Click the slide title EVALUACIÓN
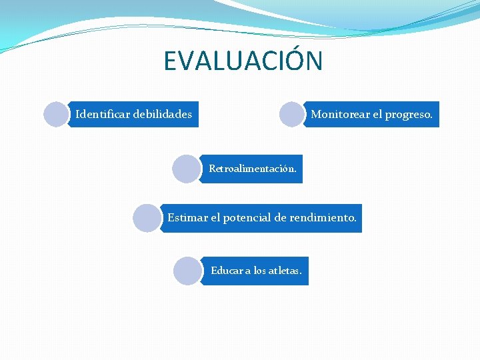243,61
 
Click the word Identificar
103,114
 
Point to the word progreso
409,114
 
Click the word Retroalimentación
253,169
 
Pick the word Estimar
187,217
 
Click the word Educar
227,271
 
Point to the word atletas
285,271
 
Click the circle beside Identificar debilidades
57,114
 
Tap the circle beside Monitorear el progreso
292,114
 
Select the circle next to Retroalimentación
186,169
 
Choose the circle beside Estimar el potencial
147,218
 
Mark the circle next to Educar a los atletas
187,271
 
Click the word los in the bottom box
260,271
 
